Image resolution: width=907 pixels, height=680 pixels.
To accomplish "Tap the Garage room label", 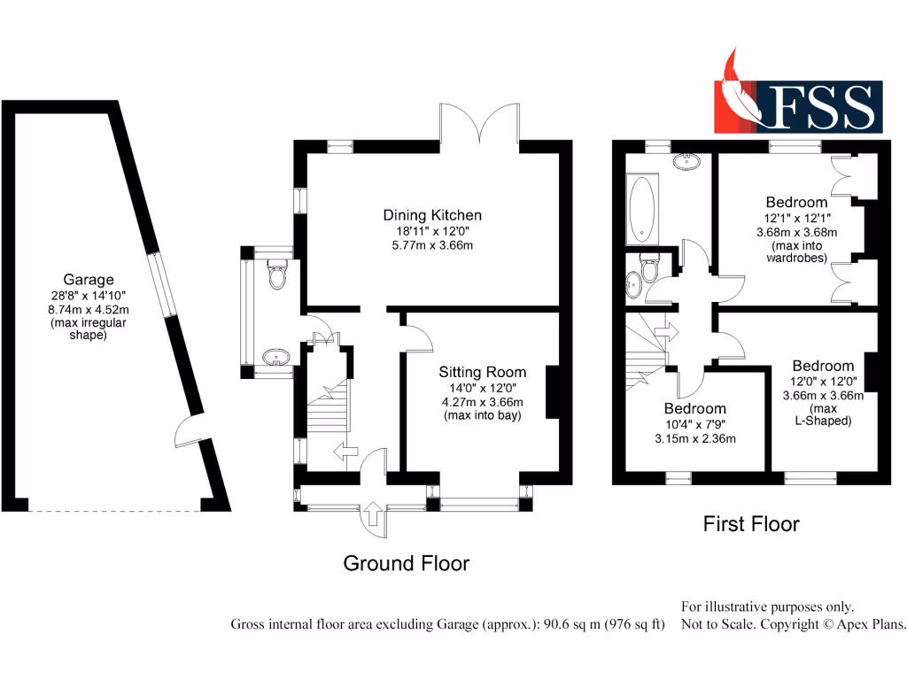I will pos(88,281).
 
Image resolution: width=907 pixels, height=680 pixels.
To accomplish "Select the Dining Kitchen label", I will pos(432,215).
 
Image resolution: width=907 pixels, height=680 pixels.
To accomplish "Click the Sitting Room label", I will pos(482,373).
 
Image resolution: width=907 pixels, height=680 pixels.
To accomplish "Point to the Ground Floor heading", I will pos(406,563).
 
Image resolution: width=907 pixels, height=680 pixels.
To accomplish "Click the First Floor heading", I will pos(751,524).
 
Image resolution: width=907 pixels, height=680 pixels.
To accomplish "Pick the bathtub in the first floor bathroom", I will pos(640,209).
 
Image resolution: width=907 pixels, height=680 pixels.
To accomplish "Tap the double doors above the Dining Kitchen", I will pos(479,124).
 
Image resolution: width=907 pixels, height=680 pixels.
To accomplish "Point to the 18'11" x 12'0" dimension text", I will pos(432,230).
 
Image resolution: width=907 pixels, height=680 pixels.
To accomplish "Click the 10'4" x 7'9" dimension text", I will pos(695,424).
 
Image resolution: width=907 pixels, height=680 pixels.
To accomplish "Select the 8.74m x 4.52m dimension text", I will pos(88,309).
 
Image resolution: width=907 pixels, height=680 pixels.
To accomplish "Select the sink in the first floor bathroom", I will pos(686,161).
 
